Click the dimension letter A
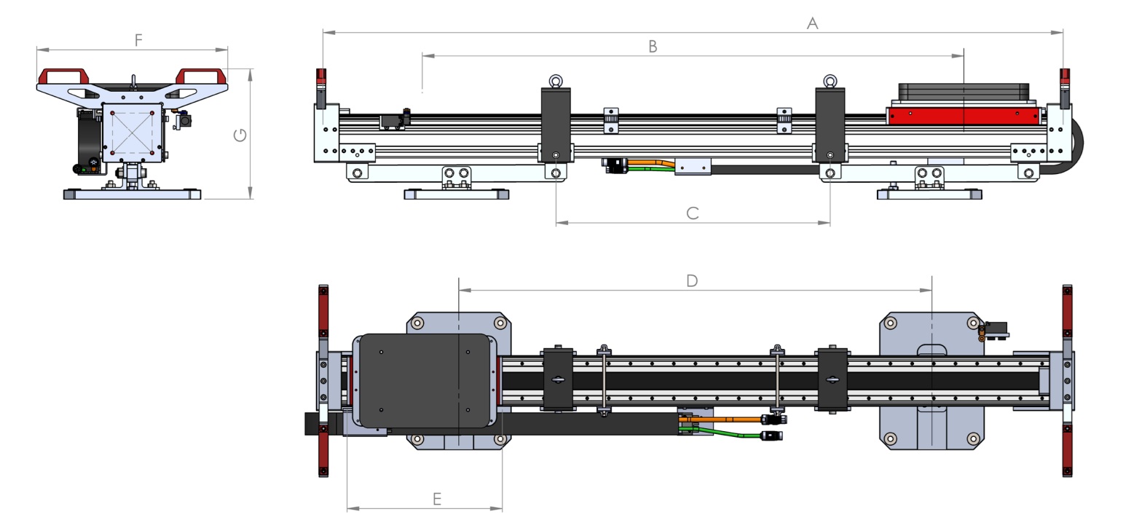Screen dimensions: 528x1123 coord(812,23)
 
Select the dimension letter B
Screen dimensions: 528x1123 coord(653,47)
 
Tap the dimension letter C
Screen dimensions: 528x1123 coord(693,213)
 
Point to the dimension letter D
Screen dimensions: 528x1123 coord(692,280)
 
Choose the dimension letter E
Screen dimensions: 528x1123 coord(437,499)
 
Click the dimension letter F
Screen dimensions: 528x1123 coord(138,40)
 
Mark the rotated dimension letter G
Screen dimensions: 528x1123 coord(240,135)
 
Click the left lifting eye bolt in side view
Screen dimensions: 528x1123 coord(556,81)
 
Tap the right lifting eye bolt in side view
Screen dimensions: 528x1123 coord(830,81)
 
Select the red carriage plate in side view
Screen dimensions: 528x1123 coord(961,115)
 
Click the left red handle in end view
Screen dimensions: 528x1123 coord(63,76)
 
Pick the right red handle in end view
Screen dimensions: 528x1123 coord(199,76)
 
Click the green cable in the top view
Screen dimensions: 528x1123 coord(728,433)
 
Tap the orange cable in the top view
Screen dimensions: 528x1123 coord(721,419)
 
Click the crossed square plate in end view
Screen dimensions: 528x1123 coord(132,132)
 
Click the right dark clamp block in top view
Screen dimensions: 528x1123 coord(832,379)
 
